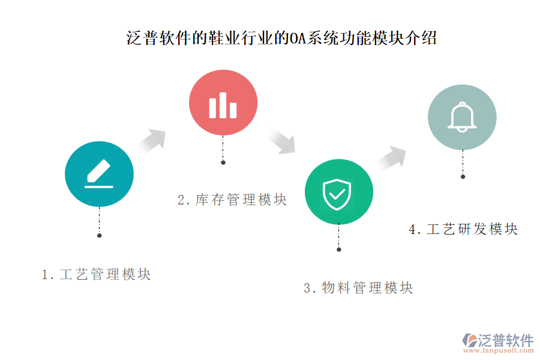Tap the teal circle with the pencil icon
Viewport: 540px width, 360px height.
(99, 174)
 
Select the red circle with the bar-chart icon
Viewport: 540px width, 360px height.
(223, 103)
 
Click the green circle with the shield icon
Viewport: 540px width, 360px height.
(338, 192)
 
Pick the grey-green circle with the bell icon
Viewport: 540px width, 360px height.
(462, 117)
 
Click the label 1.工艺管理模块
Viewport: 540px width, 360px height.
(96, 275)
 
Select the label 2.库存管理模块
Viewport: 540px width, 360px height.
(232, 200)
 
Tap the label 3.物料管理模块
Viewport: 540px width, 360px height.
(358, 288)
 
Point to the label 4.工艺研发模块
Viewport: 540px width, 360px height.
(463, 229)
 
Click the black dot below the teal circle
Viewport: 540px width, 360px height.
(100, 235)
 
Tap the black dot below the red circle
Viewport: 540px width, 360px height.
(223, 162)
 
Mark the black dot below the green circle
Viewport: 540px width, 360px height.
(339, 249)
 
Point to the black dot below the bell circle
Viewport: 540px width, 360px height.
(463, 176)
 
